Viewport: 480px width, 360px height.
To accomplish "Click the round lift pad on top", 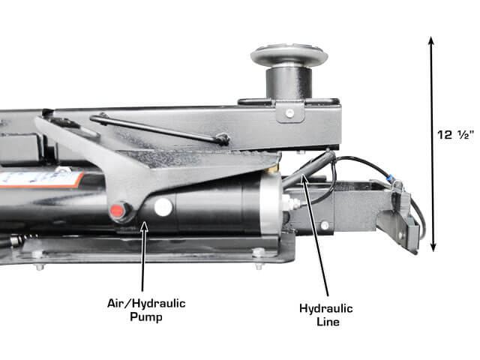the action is (x=289, y=55).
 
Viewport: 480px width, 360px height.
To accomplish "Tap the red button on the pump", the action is (x=116, y=211).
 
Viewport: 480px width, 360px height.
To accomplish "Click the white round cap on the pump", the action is (x=163, y=207).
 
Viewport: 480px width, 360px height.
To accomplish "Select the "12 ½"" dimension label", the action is (x=455, y=135).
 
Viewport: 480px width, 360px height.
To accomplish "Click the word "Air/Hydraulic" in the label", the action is (x=146, y=303).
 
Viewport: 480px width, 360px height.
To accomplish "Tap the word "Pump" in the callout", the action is (x=146, y=316).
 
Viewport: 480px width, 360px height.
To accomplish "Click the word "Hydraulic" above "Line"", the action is (x=326, y=308).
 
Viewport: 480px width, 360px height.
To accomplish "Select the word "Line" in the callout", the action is (x=328, y=322).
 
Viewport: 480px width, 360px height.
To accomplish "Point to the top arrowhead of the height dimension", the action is (x=431, y=41).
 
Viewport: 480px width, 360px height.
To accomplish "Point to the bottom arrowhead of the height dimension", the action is (x=433, y=247).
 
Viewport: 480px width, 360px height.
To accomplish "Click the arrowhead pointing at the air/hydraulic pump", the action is (x=145, y=226).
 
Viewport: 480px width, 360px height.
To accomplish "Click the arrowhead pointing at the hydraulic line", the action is (x=304, y=178).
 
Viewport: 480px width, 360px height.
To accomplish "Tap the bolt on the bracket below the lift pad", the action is (x=289, y=113).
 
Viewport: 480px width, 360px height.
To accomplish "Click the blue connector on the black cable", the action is (x=390, y=177).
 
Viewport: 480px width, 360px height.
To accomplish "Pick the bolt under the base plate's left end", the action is (x=40, y=267).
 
